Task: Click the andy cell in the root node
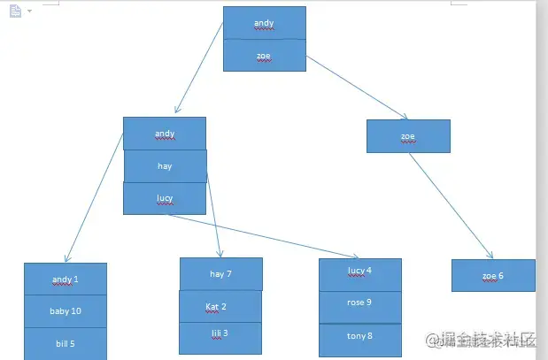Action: pos(264,23)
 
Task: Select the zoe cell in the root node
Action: pos(264,55)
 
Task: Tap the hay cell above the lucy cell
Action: pos(165,165)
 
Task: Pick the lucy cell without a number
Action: pos(165,198)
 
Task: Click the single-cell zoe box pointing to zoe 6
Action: pos(408,136)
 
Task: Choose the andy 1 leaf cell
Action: pos(66,280)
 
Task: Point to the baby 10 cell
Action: pos(66,311)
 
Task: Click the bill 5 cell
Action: pos(66,342)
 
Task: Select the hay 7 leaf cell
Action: pos(220,274)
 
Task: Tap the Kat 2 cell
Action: pos(220,306)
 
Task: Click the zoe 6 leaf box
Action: pos(493,275)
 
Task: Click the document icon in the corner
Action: pos(15,11)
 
